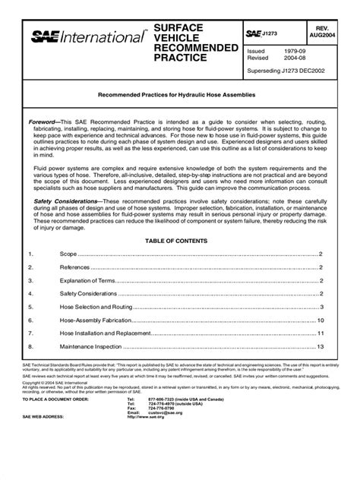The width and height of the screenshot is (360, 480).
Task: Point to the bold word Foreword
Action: (x=44, y=122)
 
